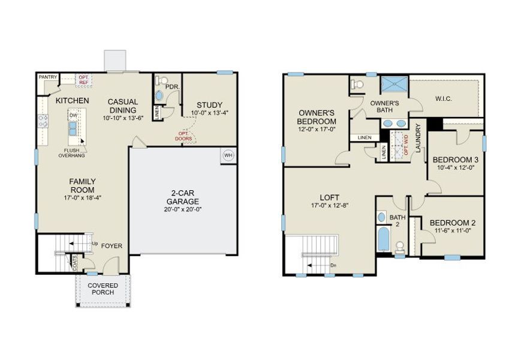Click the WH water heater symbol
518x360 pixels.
pyautogui.click(x=228, y=154)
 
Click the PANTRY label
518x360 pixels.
pyautogui.click(x=47, y=77)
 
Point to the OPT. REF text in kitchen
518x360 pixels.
pyautogui.click(x=83, y=79)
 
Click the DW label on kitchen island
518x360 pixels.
pyautogui.click(x=73, y=115)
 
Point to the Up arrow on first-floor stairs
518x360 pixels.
pyautogui.click(x=95, y=243)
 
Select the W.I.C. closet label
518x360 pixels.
pyautogui.click(x=442, y=98)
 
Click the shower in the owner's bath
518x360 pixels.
pyautogui.click(x=395, y=85)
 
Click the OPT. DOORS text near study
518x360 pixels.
pyautogui.click(x=184, y=136)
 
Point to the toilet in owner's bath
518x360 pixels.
pyautogui.click(x=358, y=85)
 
